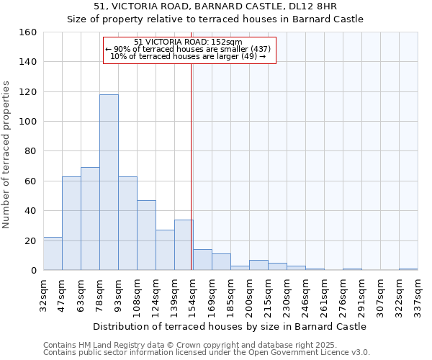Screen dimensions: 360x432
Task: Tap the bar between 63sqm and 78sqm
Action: point(90,219)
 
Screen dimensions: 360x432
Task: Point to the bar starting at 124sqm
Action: point(165,250)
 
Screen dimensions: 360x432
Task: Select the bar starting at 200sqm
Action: point(258,265)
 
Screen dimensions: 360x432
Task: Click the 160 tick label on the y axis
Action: point(27,32)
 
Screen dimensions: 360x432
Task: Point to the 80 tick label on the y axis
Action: point(30,151)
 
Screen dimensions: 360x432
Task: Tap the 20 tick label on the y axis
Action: point(30,240)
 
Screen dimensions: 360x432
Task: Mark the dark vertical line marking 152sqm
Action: point(191,166)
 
